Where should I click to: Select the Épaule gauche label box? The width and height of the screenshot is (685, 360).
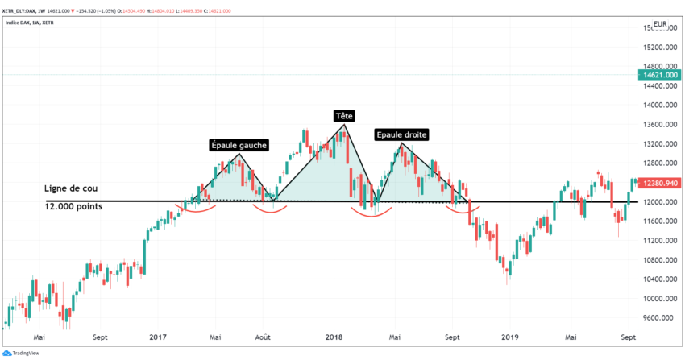point(239,145)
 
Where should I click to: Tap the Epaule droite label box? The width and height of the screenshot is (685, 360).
point(401,134)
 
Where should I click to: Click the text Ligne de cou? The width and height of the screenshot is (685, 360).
point(71,188)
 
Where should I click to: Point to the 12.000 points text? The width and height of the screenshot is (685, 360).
point(74,206)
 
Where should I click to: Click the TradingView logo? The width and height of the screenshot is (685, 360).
point(24,353)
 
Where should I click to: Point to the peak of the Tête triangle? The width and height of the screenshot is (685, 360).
point(344,125)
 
